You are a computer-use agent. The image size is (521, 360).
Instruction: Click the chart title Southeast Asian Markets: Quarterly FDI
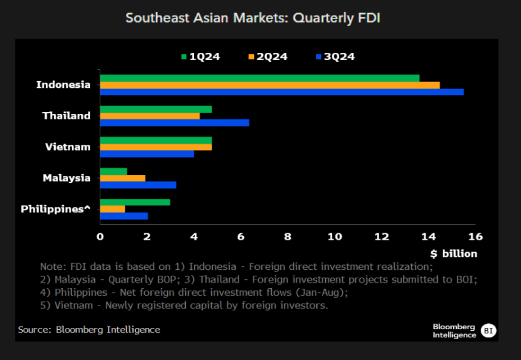[252, 18]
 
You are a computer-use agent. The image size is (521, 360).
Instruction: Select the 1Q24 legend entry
[200, 57]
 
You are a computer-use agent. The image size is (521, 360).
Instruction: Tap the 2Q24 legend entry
[268, 57]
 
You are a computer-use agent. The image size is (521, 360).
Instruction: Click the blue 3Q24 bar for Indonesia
[281, 92]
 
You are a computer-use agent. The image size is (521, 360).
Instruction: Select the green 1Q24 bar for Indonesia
[259, 78]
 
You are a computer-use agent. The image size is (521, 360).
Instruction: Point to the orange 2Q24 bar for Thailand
[150, 116]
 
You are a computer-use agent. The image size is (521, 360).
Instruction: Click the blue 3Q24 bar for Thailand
[174, 123]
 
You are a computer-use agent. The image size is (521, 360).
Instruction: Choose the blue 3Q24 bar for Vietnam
[147, 154]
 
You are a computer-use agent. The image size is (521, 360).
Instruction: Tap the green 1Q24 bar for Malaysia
[113, 171]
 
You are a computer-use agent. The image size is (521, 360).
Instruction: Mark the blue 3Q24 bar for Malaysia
[138, 185]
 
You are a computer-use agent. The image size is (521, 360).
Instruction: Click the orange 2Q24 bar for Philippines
[112, 209]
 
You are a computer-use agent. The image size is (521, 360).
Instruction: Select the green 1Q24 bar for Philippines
[135, 202]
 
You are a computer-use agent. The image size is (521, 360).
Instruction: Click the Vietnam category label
[68, 147]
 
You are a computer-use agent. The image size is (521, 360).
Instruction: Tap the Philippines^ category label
[56, 209]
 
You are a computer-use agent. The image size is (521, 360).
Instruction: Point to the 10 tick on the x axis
[335, 237]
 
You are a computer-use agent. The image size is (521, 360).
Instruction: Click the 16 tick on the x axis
[475, 237]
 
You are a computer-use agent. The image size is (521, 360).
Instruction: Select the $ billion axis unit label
[453, 254]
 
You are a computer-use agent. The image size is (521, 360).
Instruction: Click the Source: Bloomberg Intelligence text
[89, 330]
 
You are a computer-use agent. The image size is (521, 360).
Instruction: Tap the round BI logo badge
[488, 330]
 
